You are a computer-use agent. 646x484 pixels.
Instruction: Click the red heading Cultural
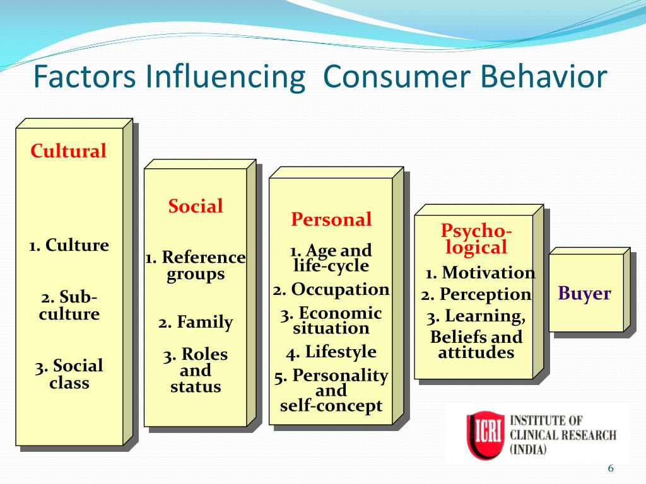pyautogui.click(x=68, y=151)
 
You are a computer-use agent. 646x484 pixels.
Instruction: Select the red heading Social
pyautogui.click(x=196, y=206)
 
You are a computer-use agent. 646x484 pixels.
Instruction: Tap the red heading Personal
pyautogui.click(x=331, y=219)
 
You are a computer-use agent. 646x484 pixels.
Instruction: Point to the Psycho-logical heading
pyautogui.click(x=476, y=239)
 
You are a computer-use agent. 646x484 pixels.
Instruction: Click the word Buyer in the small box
pyautogui.click(x=584, y=294)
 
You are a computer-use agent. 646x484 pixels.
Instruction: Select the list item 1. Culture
pyautogui.click(x=69, y=245)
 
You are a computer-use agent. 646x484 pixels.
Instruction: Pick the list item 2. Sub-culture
pyautogui.click(x=69, y=306)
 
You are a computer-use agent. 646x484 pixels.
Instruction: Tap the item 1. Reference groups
pyautogui.click(x=196, y=266)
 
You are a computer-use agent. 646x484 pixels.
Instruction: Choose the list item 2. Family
pyautogui.click(x=196, y=322)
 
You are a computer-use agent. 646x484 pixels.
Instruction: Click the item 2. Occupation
pyautogui.click(x=331, y=289)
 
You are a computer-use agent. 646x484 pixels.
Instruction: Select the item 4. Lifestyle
pyautogui.click(x=331, y=352)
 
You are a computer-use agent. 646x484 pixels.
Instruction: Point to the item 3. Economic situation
pyautogui.click(x=331, y=321)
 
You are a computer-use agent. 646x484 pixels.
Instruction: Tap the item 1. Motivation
pyautogui.click(x=480, y=272)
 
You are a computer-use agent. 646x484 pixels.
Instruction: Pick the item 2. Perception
pyautogui.click(x=476, y=295)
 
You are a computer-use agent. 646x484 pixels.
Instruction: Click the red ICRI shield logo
pyautogui.click(x=485, y=435)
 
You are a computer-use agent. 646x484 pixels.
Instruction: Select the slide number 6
pyautogui.click(x=611, y=468)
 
